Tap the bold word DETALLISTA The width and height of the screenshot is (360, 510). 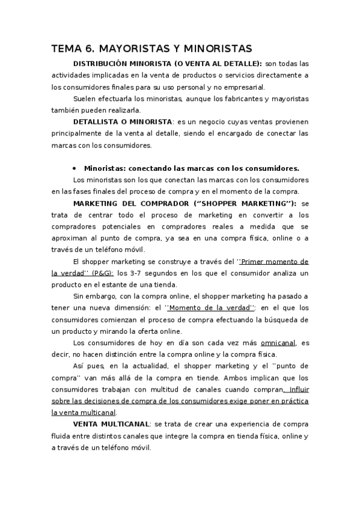click(98, 121)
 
